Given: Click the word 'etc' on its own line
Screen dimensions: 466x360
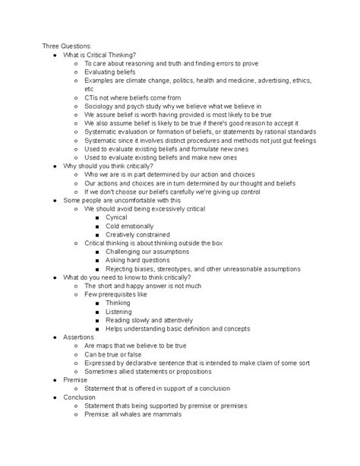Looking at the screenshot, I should [90, 89].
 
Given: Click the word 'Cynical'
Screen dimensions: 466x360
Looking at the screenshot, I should [117, 217].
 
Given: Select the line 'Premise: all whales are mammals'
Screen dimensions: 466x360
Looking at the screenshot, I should [133, 414].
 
